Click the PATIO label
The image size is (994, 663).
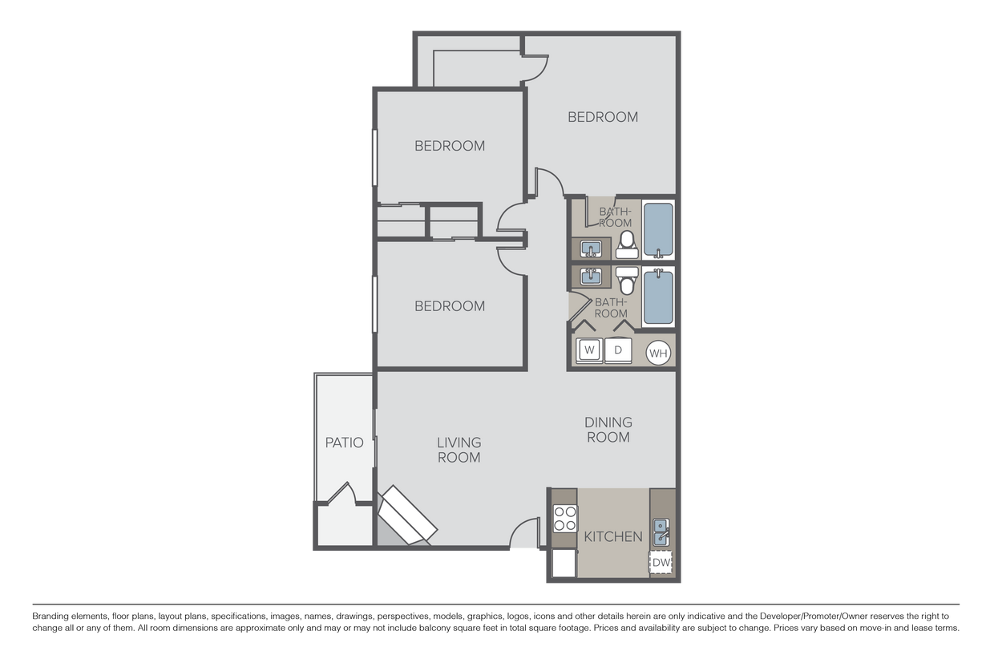click(344, 443)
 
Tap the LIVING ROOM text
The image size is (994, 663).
click(459, 450)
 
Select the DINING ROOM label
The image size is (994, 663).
click(608, 430)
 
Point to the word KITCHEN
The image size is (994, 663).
click(612, 536)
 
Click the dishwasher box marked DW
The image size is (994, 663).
click(661, 564)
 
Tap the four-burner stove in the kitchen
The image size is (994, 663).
click(564, 519)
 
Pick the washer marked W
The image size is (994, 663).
click(591, 350)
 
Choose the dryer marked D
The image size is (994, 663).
click(618, 350)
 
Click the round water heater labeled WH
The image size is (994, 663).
click(658, 352)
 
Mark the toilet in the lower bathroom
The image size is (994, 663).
click(627, 281)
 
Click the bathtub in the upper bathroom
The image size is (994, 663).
click(658, 230)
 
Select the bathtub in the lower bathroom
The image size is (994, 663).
click(658, 297)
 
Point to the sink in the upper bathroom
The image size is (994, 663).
click(592, 248)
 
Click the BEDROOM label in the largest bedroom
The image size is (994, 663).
click(603, 117)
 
